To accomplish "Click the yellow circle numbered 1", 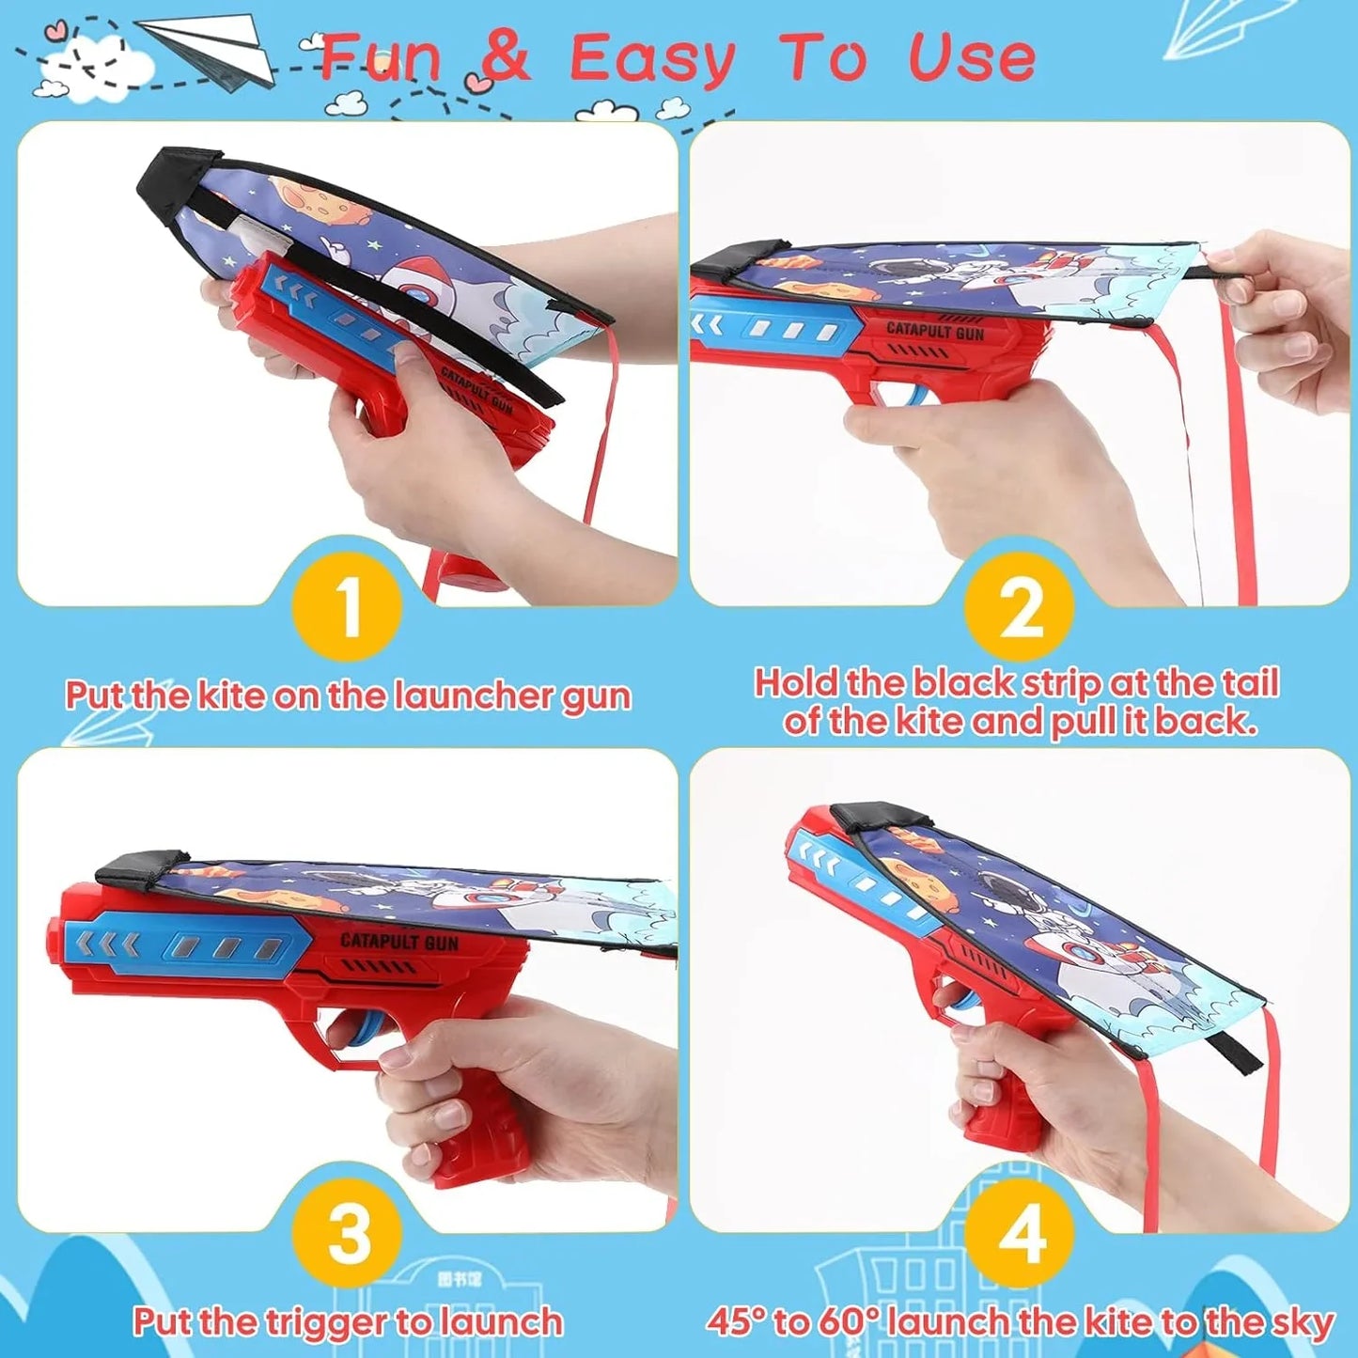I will (x=348, y=607).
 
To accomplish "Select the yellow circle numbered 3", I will (x=348, y=1233).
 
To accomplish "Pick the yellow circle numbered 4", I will (x=1020, y=1233).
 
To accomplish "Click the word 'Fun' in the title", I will (x=381, y=58).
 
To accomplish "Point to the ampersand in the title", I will (x=505, y=58).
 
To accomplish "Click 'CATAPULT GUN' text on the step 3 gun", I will (x=399, y=941).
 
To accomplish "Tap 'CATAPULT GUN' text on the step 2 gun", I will (x=935, y=332).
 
